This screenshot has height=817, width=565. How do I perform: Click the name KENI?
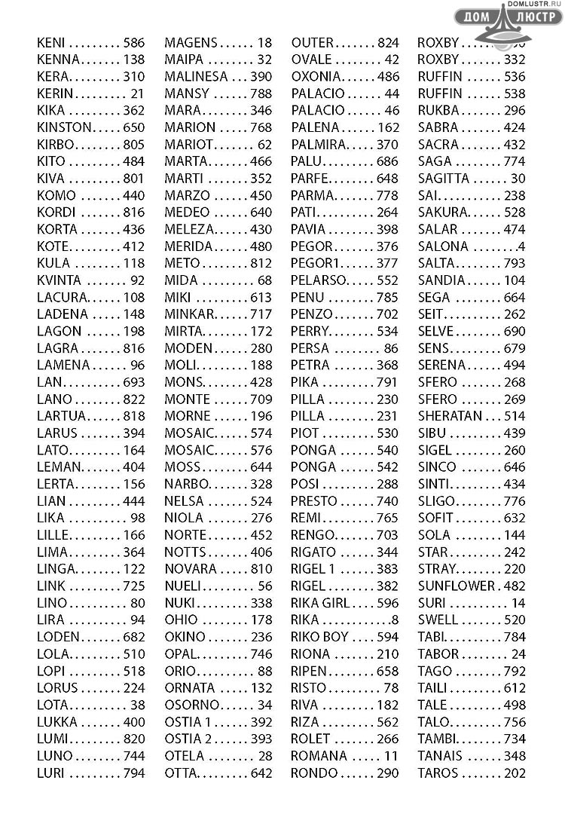click(50, 43)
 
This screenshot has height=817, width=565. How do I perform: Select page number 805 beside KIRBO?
click(133, 145)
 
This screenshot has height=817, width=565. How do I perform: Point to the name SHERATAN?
click(450, 417)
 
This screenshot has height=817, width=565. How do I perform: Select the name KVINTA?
click(59, 280)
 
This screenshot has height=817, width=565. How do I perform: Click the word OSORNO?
click(192, 705)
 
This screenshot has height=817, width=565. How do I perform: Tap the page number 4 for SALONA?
click(521, 246)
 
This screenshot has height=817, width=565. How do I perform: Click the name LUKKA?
click(56, 722)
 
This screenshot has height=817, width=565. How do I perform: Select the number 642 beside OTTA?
click(261, 773)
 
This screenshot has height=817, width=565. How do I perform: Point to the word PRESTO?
click(314, 501)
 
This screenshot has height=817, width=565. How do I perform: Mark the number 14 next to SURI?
click(518, 603)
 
